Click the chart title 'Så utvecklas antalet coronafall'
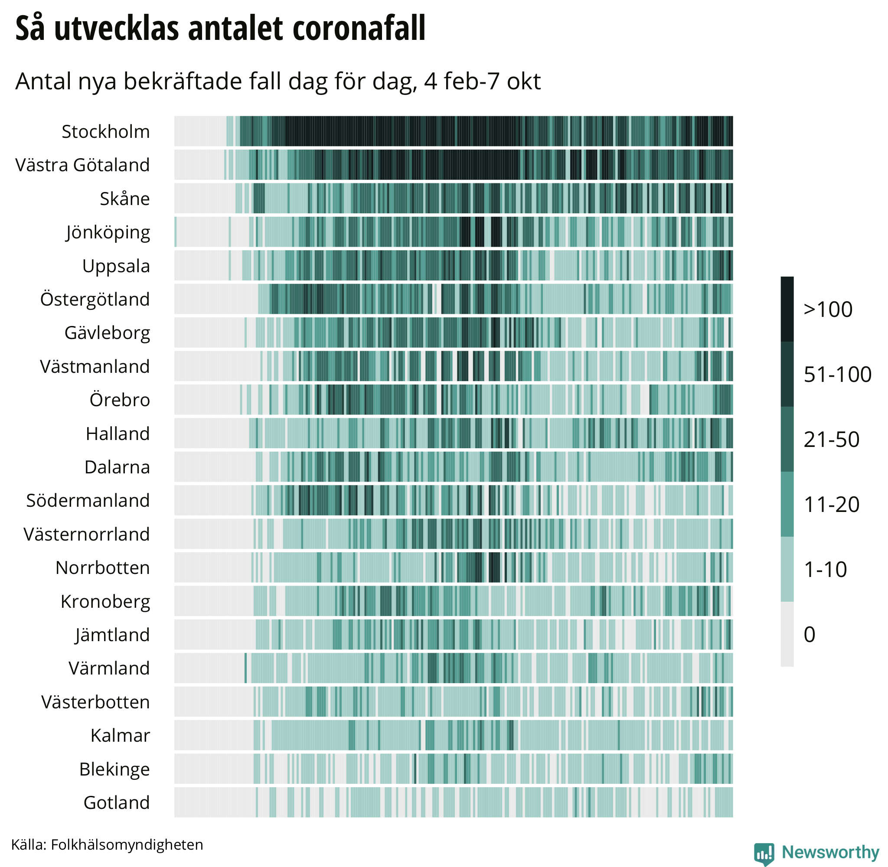[220, 28]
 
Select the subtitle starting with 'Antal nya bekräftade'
[278, 82]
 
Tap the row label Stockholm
[106, 132]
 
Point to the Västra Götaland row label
[82, 165]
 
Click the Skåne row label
[125, 199]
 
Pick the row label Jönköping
[108, 233]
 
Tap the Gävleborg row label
[107, 333]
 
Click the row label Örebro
[120, 400]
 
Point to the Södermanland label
[88, 500]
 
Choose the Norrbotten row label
[102, 568]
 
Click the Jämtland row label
[112, 635]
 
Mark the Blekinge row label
[114, 769]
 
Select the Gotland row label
[117, 802]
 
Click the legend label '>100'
[828, 310]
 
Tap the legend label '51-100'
[837, 375]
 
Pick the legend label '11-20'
[832, 505]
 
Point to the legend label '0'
[809, 635]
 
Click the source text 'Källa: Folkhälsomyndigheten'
[107, 845]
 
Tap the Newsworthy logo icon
[764, 853]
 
